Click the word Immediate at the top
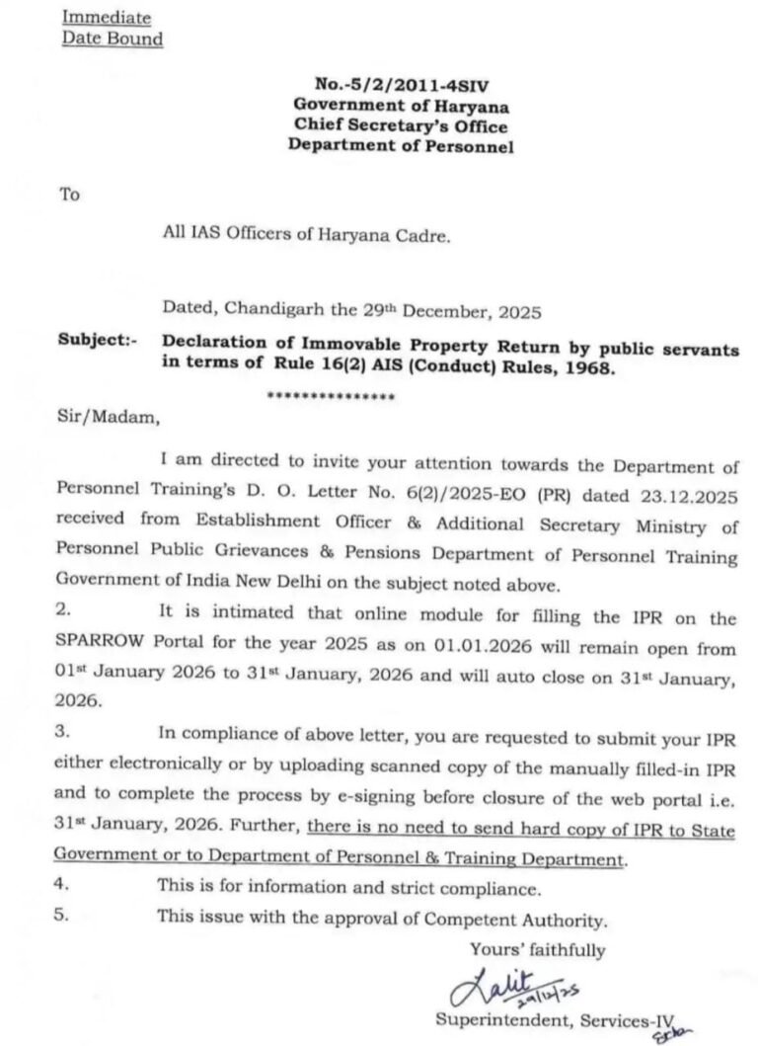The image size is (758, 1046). point(107,17)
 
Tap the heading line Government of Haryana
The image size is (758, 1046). point(400,106)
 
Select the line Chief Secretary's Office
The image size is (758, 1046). point(400,125)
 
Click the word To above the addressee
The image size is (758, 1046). point(69,195)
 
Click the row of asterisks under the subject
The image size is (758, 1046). point(332,397)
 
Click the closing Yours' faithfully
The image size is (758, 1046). point(537,949)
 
